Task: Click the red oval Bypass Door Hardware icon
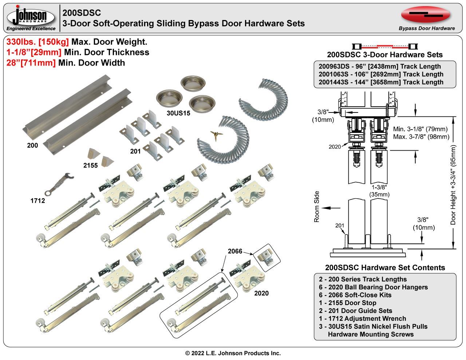426,15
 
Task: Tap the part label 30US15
178,113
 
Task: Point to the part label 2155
91,165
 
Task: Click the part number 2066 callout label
235,251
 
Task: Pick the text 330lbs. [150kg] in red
37,42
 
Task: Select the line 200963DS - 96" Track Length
379,66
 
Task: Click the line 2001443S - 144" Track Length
381,82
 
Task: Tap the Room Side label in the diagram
317,207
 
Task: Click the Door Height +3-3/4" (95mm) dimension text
453,185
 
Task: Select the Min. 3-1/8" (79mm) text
420,129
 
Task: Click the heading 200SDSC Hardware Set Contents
385,268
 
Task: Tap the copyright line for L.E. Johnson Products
233,353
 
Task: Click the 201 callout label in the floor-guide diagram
339,226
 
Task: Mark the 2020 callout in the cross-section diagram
335,147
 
